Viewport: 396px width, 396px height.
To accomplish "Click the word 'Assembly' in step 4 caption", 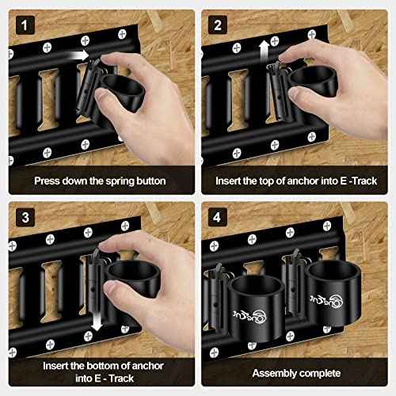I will click(x=276, y=372).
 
